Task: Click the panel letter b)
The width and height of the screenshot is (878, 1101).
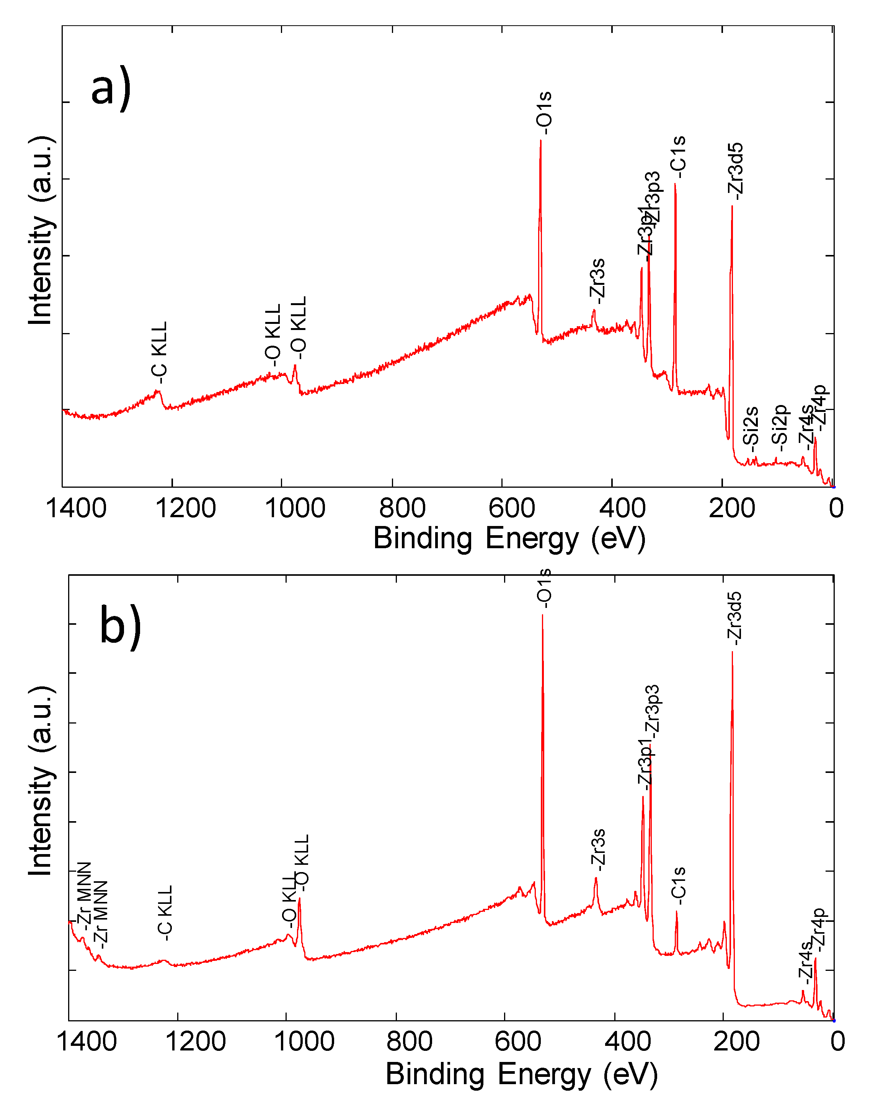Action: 120,627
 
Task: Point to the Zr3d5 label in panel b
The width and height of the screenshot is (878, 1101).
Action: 734,618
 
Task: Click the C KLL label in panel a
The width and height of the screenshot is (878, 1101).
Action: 160,352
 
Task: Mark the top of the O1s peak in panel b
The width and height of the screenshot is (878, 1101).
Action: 542,615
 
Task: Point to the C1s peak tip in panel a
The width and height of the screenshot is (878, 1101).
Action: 675,184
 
